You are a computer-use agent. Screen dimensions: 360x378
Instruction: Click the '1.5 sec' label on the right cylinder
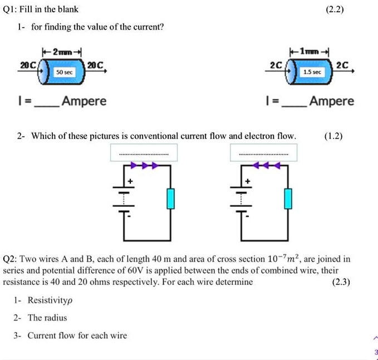tap(312, 72)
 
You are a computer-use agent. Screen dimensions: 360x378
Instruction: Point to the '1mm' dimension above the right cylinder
tap(310, 51)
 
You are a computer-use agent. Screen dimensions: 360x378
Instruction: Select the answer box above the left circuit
tap(144, 153)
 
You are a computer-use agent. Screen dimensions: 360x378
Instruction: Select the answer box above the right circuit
tap(263, 153)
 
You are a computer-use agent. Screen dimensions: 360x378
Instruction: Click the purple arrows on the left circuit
tap(144, 166)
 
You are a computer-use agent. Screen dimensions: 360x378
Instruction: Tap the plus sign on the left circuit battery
tap(131, 181)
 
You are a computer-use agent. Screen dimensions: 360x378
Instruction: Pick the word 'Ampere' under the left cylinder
tap(84, 101)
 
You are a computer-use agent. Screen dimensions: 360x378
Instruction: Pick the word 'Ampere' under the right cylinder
tap(332, 101)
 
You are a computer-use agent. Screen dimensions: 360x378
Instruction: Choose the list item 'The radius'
tap(47, 318)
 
